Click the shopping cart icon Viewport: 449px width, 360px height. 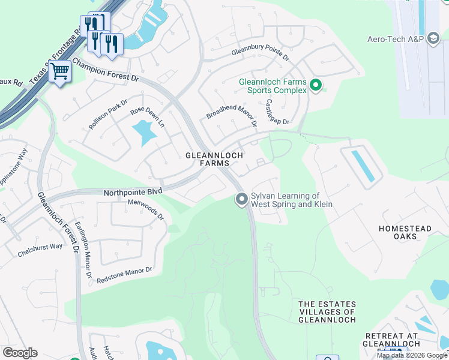pos(59,72)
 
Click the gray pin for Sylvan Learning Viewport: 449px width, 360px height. pos(242,199)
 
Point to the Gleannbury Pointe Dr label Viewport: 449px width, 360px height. pos(261,55)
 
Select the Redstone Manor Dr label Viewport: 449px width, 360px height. pos(125,275)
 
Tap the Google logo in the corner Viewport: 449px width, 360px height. pos(20,353)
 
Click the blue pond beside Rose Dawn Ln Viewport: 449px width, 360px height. pos(142,133)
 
